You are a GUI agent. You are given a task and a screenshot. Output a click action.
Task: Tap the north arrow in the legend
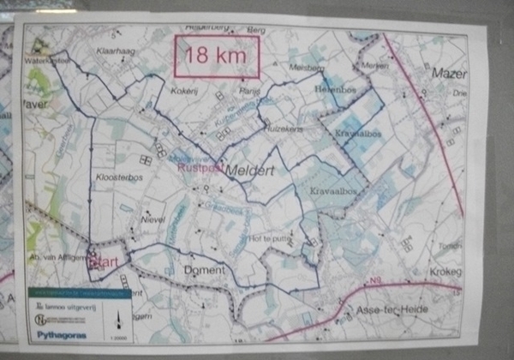click(x=119, y=321)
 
